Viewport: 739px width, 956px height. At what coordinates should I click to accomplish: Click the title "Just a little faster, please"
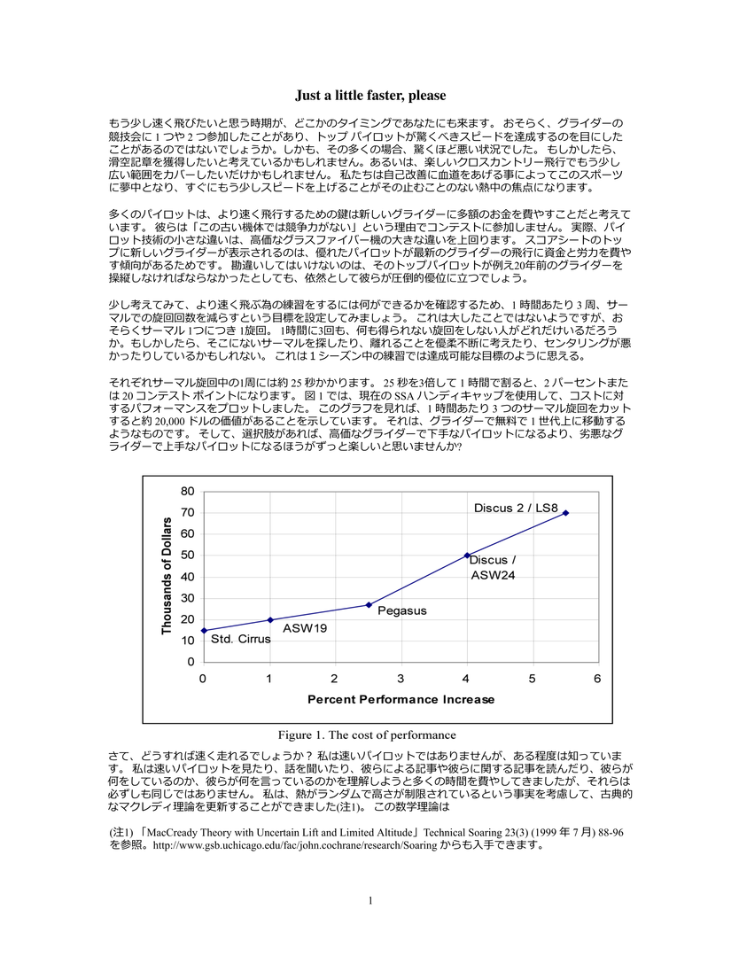coord(369,96)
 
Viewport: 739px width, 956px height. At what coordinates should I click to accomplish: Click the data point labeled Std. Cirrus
coord(204,631)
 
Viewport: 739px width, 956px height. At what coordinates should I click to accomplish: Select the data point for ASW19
coord(270,619)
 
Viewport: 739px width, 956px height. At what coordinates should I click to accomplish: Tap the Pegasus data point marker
coord(369,605)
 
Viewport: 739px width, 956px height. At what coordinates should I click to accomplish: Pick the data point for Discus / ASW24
coord(468,556)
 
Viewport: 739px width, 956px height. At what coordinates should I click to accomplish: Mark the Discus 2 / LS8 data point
coord(566,513)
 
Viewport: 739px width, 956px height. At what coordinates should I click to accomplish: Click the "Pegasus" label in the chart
coord(402,610)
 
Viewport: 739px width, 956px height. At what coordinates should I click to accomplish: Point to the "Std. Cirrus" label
coord(241,639)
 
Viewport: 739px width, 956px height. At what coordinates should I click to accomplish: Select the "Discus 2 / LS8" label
coord(515,508)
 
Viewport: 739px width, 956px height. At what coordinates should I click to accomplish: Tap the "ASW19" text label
coord(305,628)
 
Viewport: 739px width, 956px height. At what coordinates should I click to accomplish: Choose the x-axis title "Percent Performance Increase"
coord(401,699)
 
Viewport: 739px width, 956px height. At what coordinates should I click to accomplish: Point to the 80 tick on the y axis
coord(187,492)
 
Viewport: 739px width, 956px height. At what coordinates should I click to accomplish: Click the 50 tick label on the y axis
coord(187,556)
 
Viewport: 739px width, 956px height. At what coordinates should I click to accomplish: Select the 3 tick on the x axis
coord(401,679)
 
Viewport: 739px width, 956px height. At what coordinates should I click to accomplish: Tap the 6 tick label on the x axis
coord(598,679)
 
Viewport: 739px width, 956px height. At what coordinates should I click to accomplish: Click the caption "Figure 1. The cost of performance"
coord(367,734)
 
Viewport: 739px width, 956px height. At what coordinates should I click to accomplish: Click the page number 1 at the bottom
coord(369,926)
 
